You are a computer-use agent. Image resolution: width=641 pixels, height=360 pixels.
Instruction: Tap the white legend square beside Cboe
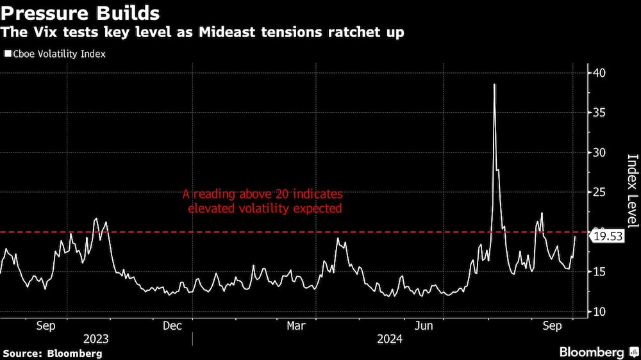[x=8, y=54]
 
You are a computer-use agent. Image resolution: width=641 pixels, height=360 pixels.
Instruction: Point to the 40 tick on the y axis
[x=598, y=73]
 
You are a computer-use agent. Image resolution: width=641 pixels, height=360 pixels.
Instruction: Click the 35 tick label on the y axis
[x=598, y=113]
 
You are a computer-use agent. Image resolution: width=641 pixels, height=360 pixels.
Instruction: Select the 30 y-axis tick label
[x=598, y=152]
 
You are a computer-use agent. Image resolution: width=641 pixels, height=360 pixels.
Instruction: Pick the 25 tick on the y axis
[x=598, y=192]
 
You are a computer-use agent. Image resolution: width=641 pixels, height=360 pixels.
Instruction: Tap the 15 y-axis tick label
[x=598, y=272]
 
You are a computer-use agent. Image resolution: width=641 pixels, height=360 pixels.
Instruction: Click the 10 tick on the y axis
[x=598, y=311]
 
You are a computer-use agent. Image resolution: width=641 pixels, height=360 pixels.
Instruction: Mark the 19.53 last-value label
[x=606, y=237]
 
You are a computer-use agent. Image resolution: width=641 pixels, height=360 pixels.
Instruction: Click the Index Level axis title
[x=632, y=191]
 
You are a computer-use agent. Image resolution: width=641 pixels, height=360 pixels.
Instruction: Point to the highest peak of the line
[x=494, y=85]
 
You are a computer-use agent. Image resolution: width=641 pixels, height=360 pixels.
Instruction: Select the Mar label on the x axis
[x=296, y=325]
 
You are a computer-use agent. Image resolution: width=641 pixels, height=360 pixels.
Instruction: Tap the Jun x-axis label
[x=424, y=325]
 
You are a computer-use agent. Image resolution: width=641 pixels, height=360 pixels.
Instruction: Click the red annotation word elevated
[x=210, y=208]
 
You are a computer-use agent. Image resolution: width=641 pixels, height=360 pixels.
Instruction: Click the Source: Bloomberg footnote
[x=53, y=353]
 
